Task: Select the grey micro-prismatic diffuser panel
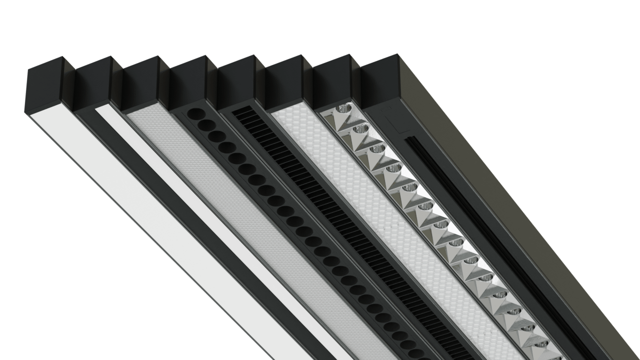click(225, 200)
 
